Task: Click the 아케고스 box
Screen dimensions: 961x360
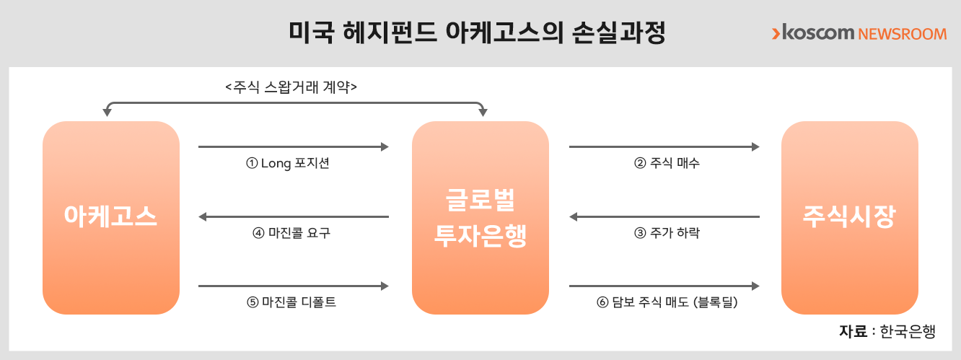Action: [111, 218]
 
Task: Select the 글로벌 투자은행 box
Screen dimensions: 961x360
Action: [480, 218]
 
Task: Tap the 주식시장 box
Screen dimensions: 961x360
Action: [850, 218]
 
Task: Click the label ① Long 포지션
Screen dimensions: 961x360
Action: [288, 163]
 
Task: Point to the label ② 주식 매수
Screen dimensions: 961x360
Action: [667, 163]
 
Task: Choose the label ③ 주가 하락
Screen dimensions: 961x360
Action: [667, 232]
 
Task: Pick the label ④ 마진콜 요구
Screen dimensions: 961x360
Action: [291, 232]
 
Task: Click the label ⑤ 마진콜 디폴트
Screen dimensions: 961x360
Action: [291, 302]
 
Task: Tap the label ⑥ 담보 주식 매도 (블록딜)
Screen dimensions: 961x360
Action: [667, 302]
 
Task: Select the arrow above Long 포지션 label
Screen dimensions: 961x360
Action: [294, 146]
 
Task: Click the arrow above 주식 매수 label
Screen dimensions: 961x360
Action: [664, 146]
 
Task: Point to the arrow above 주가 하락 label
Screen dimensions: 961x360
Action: [664, 216]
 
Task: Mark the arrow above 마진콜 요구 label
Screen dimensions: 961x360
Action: [294, 216]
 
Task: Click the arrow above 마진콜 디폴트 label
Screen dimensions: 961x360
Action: [294, 286]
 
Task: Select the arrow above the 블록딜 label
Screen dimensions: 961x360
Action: [664, 286]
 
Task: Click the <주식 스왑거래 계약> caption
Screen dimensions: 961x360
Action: [291, 87]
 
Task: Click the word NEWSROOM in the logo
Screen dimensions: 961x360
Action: [903, 34]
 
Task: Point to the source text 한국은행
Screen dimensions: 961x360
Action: [908, 331]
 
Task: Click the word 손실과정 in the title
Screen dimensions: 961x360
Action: [618, 32]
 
